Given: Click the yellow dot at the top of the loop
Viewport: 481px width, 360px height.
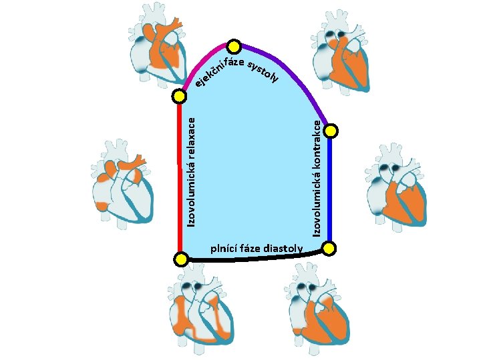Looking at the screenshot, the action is pyautogui.click(x=234, y=46).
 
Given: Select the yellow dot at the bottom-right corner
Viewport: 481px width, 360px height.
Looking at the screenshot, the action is pyautogui.click(x=329, y=249).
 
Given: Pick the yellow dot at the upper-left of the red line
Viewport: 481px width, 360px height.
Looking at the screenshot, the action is pyautogui.click(x=179, y=97).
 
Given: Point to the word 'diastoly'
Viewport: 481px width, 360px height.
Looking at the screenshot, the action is pyautogui.click(x=283, y=249).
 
